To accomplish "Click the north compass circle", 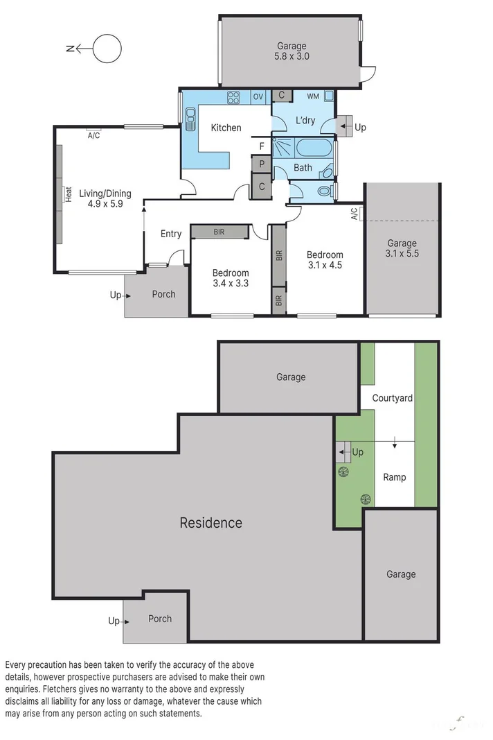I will pyautogui.click(x=107, y=49).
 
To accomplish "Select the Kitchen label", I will pyautogui.click(x=226, y=128).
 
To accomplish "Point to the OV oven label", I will pyautogui.click(x=258, y=96).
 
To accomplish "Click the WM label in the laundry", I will pyautogui.click(x=312, y=96).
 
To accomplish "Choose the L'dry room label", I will pyautogui.click(x=305, y=121).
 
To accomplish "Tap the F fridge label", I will pyautogui.click(x=261, y=146).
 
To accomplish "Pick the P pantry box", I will pyautogui.click(x=262, y=164).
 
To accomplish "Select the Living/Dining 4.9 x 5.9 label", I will pyautogui.click(x=105, y=199).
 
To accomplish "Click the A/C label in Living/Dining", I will pyautogui.click(x=93, y=135).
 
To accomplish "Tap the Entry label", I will pyautogui.click(x=171, y=234).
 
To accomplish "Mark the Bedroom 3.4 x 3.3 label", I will pyautogui.click(x=231, y=278).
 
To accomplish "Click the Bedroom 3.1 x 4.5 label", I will pyautogui.click(x=325, y=259).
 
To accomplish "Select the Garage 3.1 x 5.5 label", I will pyautogui.click(x=402, y=248).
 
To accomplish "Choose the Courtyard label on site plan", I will pyautogui.click(x=392, y=398).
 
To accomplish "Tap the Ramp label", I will pyautogui.click(x=395, y=477).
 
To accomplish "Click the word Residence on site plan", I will pyautogui.click(x=210, y=523).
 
